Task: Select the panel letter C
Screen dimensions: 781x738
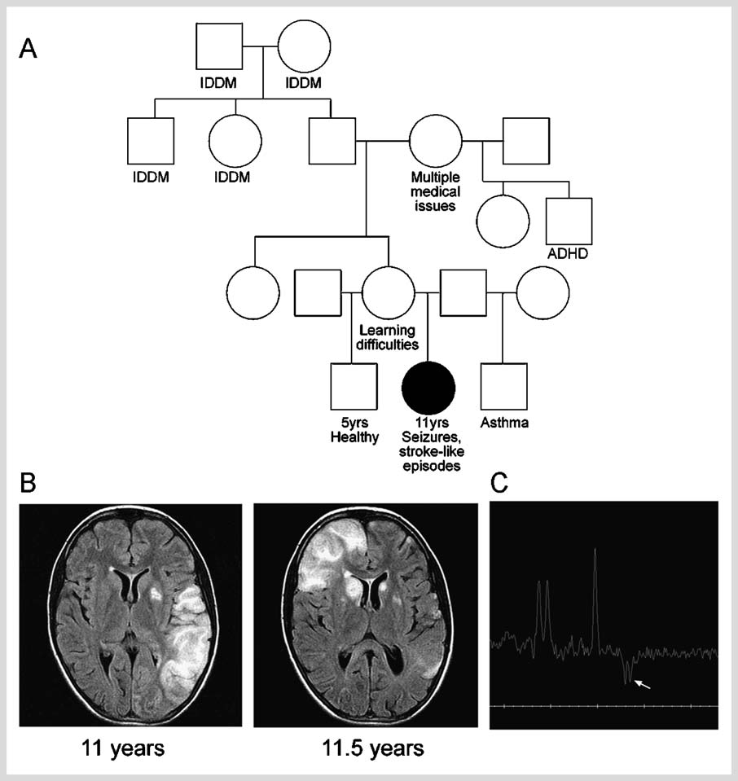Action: pyautogui.click(x=502, y=485)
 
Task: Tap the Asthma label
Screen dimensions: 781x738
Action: pyautogui.click(x=505, y=423)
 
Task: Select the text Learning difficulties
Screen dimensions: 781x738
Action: pyautogui.click(x=388, y=337)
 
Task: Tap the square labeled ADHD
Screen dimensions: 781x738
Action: pyautogui.click(x=569, y=222)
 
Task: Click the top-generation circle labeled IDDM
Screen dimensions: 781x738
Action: pyautogui.click(x=304, y=46)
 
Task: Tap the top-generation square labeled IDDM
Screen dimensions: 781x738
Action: pyautogui.click(x=219, y=46)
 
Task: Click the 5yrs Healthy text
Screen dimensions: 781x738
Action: pyautogui.click(x=354, y=430)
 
